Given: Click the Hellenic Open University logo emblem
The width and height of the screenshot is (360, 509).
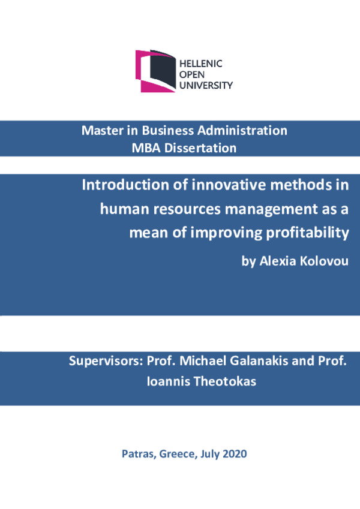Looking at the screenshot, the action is coord(155,71).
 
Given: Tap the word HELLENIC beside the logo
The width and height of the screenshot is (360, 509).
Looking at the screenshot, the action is coord(201,64).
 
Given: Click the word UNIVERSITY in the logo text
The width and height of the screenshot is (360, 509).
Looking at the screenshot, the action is coord(206,85).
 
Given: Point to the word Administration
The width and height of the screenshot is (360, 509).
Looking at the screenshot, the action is coord(242,131).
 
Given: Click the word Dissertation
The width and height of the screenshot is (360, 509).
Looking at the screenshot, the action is coord(200,148).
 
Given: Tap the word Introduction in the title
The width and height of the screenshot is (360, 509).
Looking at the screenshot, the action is coord(125,185).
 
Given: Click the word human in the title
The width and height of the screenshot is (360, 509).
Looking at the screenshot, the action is coord(125,209).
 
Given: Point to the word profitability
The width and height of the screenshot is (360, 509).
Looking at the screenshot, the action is coord(307,233).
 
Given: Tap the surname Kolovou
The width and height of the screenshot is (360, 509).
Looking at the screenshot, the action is coord(324,261).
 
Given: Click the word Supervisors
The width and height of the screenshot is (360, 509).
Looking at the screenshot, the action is coord(106,361).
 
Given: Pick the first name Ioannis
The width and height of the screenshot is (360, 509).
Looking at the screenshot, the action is coord(169,381).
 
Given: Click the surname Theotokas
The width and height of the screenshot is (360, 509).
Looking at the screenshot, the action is coord(225,381).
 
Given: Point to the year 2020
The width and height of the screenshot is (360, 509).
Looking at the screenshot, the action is coord(235,454).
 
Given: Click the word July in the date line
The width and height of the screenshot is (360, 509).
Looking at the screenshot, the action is coord(209,454).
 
